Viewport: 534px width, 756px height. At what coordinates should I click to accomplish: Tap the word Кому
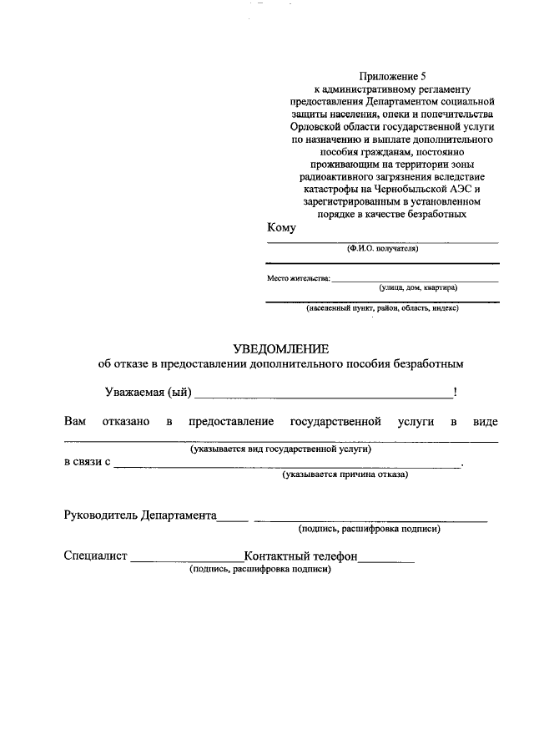(281, 227)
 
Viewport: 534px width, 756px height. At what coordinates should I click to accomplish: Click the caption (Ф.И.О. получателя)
(383, 249)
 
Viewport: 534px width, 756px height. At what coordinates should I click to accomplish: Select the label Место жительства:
(298, 277)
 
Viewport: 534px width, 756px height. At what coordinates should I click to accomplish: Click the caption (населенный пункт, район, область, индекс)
(382, 308)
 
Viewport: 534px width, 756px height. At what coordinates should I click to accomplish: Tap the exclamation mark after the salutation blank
(455, 392)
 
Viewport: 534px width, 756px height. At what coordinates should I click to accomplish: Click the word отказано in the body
(125, 421)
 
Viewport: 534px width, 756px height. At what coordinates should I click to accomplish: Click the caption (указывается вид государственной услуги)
(280, 449)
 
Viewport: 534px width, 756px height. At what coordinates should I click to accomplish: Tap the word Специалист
(95, 556)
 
